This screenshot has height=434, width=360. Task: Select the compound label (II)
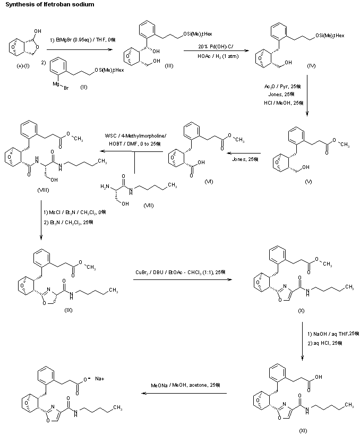(x=84, y=87)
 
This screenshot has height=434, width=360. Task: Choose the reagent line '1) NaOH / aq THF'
(x=332, y=334)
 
